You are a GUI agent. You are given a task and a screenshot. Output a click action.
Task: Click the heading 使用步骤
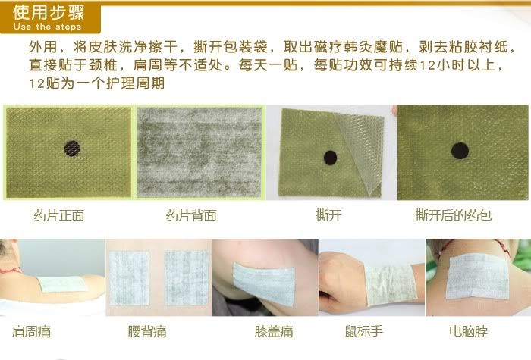click(x=49, y=13)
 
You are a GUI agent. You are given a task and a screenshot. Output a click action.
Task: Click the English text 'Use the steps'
click(x=47, y=27)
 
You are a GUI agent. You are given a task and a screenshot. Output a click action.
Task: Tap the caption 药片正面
click(x=59, y=215)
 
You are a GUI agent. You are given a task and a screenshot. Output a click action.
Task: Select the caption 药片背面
click(x=191, y=215)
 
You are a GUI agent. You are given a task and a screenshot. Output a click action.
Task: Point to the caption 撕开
click(x=328, y=215)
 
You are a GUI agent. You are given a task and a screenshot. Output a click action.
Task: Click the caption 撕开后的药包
click(x=454, y=215)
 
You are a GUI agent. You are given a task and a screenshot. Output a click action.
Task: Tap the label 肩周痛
click(x=32, y=332)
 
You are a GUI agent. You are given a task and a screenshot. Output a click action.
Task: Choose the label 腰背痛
click(x=147, y=332)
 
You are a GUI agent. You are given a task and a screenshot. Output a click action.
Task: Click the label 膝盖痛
click(x=274, y=332)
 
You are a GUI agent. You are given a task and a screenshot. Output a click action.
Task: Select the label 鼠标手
click(x=364, y=331)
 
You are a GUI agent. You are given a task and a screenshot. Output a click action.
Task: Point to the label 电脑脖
click(x=468, y=331)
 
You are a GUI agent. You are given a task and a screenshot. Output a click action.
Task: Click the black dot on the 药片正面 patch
click(x=72, y=149)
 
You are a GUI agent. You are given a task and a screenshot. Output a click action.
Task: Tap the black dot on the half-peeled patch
click(x=330, y=158)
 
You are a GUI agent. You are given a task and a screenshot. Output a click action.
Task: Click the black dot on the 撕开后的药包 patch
click(x=460, y=151)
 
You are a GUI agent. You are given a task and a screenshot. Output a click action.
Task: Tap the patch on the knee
click(x=265, y=283)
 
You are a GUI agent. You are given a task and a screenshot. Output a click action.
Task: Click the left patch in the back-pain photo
click(x=129, y=278)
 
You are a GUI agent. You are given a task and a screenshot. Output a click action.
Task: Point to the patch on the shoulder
click(x=61, y=284)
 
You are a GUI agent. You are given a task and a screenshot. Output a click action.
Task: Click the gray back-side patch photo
click(x=199, y=152)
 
